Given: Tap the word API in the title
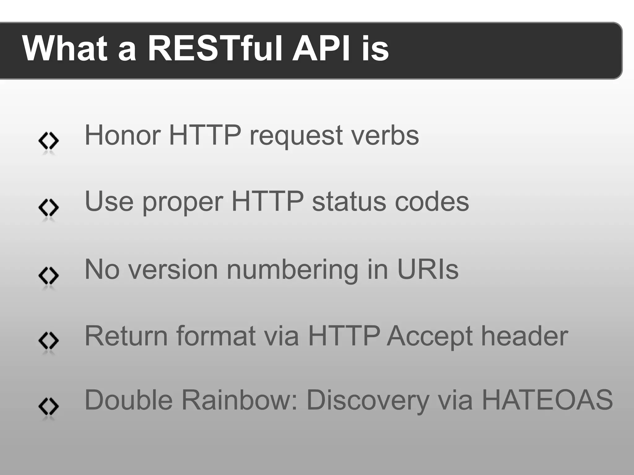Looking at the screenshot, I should pyautogui.click(x=322, y=49).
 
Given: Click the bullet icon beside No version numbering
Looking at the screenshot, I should pyautogui.click(x=49, y=275).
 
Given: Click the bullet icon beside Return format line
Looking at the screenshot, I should pyautogui.click(x=49, y=340).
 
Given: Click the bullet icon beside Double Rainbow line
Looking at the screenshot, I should pyautogui.click(x=49, y=406).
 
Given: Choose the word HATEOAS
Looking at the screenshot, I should pyautogui.click(x=547, y=400).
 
